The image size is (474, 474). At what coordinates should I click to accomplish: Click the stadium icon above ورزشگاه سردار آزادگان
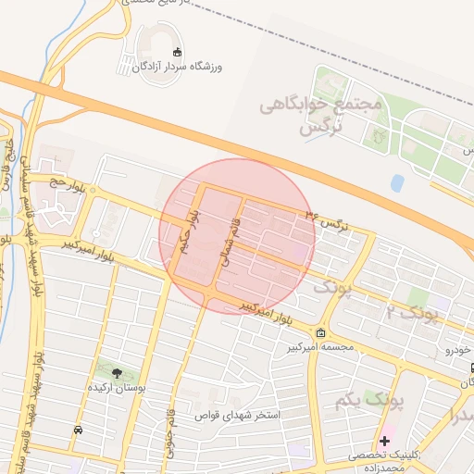(176, 52)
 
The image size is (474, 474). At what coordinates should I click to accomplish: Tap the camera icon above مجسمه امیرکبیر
(320, 333)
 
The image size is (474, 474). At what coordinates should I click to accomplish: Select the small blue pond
(397, 183)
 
